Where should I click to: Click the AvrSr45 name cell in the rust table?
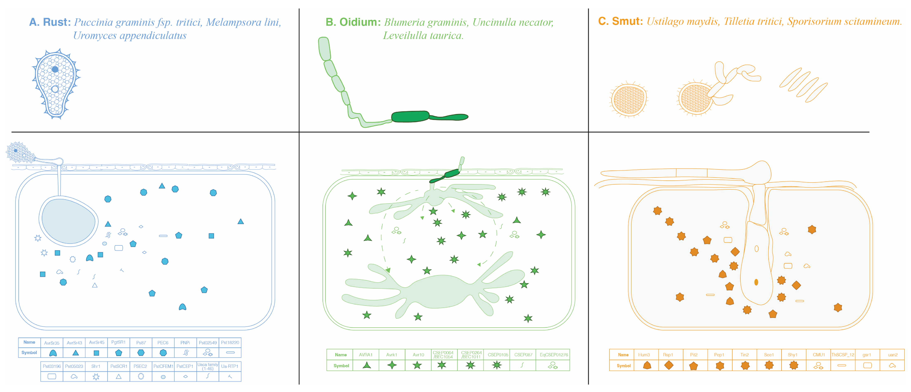click(97, 342)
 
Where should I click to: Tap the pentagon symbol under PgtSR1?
click(119, 353)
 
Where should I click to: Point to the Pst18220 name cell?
click(230, 342)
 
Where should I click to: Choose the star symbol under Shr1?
click(96, 377)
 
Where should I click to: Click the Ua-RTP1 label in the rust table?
click(230, 366)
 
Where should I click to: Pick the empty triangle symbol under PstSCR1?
click(119, 377)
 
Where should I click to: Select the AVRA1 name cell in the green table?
click(366, 354)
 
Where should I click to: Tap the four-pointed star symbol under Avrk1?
click(392, 365)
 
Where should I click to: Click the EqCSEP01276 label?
click(554, 354)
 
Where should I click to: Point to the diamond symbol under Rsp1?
click(669, 365)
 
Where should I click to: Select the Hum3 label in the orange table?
click(644, 354)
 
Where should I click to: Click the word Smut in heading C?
click(627, 21)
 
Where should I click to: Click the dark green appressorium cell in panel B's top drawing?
click(410, 116)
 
